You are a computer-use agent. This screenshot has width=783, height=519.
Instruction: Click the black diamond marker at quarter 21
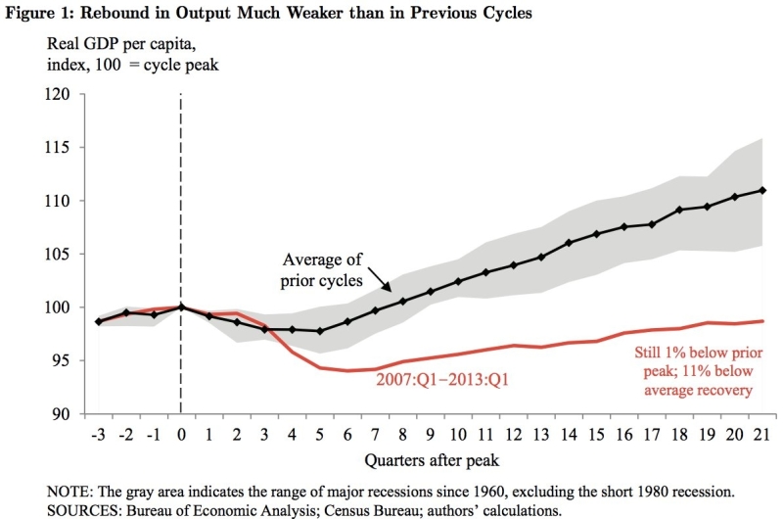(762, 190)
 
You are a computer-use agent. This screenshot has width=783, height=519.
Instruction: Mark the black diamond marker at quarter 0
(181, 307)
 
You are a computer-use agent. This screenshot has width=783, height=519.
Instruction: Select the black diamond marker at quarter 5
(320, 331)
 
